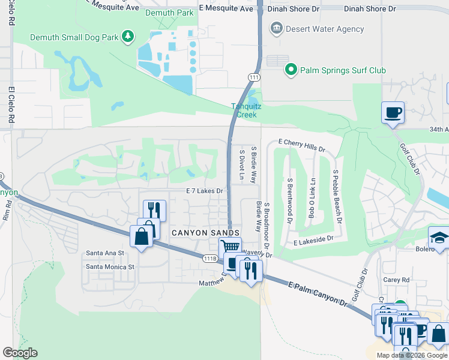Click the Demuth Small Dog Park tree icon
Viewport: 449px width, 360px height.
pyautogui.click(x=127, y=37)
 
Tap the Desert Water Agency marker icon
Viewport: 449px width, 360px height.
pyautogui.click(x=276, y=28)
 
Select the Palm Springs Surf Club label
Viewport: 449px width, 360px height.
pyautogui.click(x=344, y=70)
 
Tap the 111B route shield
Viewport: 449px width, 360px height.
pyautogui.click(x=209, y=258)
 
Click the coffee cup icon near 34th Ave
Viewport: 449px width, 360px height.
pyautogui.click(x=393, y=113)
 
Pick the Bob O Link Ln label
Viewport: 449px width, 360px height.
pyautogui.click(x=311, y=197)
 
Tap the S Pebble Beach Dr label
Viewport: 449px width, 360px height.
pyautogui.click(x=337, y=196)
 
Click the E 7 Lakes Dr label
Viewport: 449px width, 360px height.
pyautogui.click(x=205, y=191)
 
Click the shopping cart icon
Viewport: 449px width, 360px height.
pyautogui.click(x=230, y=247)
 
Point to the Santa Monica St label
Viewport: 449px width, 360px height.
pyautogui.click(x=110, y=266)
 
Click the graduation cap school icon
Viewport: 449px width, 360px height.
pyautogui.click(x=439, y=238)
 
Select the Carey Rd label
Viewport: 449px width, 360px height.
pyautogui.click(x=397, y=280)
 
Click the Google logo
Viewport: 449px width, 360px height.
pyautogui.click(x=20, y=353)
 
